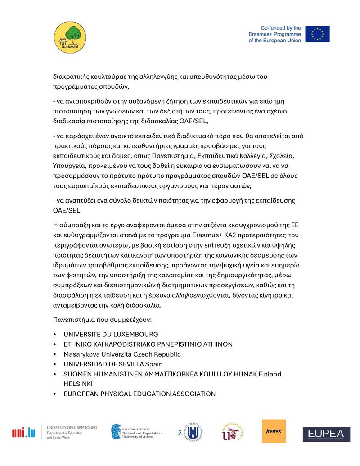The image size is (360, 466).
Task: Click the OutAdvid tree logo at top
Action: (x=70, y=38)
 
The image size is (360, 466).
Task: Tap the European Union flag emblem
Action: (x=317, y=34)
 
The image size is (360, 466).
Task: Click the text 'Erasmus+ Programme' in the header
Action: (x=274, y=34)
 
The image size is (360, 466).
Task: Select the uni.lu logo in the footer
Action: (x=23, y=433)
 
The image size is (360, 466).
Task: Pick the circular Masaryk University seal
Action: (x=193, y=432)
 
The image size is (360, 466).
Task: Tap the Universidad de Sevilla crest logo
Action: (x=232, y=432)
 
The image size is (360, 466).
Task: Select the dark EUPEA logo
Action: (x=326, y=434)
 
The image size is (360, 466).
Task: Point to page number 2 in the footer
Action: (x=180, y=433)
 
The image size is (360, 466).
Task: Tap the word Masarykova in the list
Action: (x=80, y=354)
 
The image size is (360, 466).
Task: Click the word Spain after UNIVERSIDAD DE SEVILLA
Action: (x=154, y=364)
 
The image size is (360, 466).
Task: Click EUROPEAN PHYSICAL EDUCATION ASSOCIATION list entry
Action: (x=139, y=394)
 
